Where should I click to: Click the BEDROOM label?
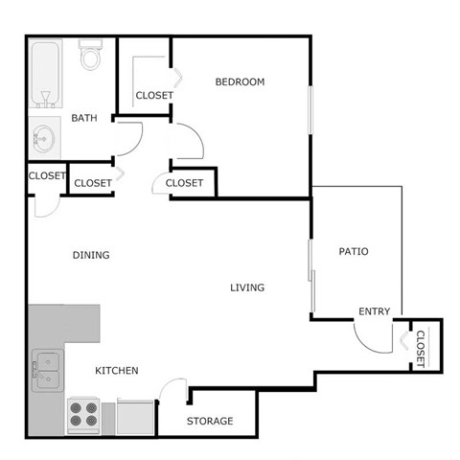[239, 82]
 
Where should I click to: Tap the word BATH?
[84, 119]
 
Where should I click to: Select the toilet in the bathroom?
[91, 57]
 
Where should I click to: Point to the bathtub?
[47, 73]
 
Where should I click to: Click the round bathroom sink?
[43, 140]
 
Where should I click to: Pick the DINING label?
[91, 255]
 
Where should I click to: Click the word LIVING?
[247, 287]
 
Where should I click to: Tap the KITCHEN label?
[117, 370]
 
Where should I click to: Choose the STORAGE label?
[210, 421]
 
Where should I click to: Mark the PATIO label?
[354, 252]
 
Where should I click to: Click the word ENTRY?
[374, 311]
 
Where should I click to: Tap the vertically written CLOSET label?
[420, 349]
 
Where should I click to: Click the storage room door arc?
[173, 391]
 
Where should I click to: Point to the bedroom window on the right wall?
[310, 115]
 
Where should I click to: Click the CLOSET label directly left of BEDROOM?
[153, 95]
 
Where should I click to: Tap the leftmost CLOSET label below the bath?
[46, 175]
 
